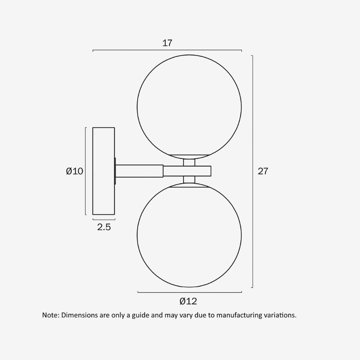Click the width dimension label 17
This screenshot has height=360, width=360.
tap(167, 43)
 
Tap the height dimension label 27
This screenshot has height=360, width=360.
tap(263, 171)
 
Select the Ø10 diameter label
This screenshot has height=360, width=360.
tap(75, 171)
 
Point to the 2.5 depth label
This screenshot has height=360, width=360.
tap(104, 227)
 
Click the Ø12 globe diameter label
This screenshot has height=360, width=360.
tap(188, 301)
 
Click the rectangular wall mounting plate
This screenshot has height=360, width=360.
tap(104, 171)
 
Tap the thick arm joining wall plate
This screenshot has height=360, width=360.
tap(139, 171)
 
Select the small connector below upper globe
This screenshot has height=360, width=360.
tap(189, 162)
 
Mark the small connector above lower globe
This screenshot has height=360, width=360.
tap(189, 180)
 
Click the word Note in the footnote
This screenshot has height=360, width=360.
tap(50, 315)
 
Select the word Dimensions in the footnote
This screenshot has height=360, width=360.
tap(80, 315)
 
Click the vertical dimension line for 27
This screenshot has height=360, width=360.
tap(252, 171)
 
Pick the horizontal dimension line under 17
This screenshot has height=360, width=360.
tap(167, 50)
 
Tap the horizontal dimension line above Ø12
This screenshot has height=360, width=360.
tap(189, 292)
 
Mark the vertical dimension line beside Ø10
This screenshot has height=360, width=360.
tap(85, 171)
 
